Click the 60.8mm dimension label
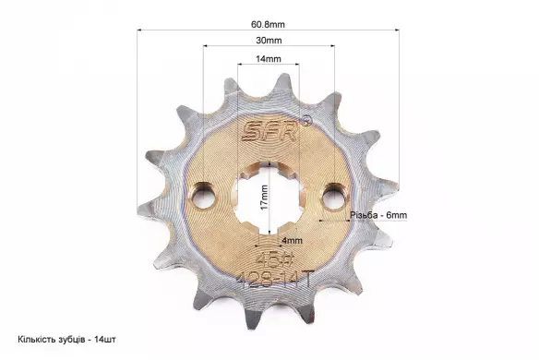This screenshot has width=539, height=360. point(268,24)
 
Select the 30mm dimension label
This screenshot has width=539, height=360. point(269,41)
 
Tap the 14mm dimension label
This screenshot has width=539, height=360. point(269,59)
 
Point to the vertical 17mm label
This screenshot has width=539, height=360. point(264,198)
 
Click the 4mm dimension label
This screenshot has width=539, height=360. point(293,241)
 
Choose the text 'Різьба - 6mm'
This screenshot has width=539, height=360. point(378,215)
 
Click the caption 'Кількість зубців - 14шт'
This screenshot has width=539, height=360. point(67,340)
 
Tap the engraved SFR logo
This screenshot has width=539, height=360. point(269,131)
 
